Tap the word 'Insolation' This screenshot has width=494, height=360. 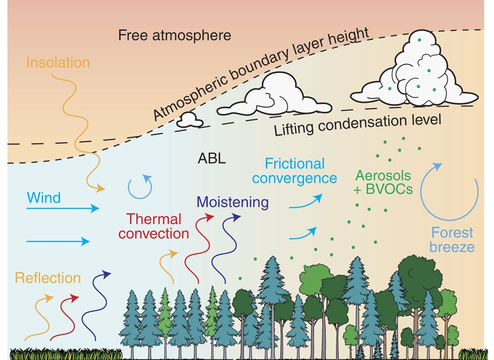[57, 63]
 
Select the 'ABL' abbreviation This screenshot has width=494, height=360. [211, 159]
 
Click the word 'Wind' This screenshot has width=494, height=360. [43, 198]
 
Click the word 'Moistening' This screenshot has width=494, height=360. [233, 202]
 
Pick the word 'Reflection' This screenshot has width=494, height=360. [48, 278]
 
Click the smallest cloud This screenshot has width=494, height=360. [189, 120]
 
